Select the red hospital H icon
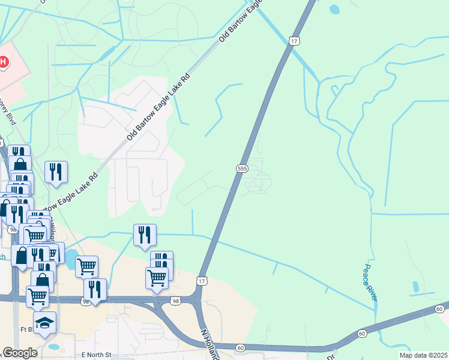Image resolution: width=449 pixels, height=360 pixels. pyautogui.click(x=3, y=62)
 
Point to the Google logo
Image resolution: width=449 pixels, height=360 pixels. pyautogui.click(x=21, y=353)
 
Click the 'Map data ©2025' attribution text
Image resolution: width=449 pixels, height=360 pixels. pyautogui.click(x=423, y=355)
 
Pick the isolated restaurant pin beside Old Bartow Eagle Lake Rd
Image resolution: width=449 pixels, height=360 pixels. pyautogui.click(x=56, y=172)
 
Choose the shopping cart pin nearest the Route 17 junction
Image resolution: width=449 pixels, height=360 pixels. pyautogui.click(x=157, y=278)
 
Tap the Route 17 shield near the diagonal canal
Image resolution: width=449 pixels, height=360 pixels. pyautogui.click(x=292, y=41)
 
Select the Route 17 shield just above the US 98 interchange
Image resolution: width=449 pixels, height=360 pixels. pyautogui.click(x=202, y=281)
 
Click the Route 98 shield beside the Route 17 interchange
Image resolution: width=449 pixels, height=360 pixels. pyautogui.click(x=175, y=300)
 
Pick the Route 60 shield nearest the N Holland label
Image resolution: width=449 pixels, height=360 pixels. pyautogui.click(x=240, y=347)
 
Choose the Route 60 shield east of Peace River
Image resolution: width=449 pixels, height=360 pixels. pyautogui.click(x=440, y=308)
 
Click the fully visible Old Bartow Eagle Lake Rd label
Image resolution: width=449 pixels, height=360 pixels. pyautogui.click(x=158, y=107)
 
